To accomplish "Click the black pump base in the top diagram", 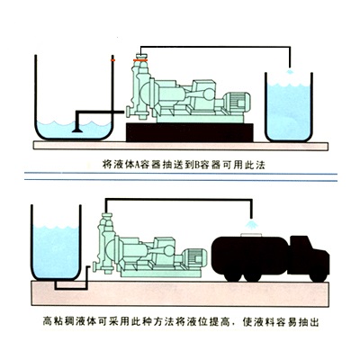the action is click(190, 132).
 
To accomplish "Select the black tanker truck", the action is click(270, 258).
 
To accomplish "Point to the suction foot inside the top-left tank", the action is click(77, 130).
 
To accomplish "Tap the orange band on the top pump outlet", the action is click(140, 60).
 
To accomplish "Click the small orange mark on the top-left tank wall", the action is click(112, 60).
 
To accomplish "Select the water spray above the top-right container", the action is click(289, 72).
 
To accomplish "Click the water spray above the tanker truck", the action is click(252, 224).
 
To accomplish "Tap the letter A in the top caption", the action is click(135, 165).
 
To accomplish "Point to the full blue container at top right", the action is click(289, 107).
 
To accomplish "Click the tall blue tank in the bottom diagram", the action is click(56, 242).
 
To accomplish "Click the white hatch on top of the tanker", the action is click(252, 235).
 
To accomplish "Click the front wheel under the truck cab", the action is click(319, 276).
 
